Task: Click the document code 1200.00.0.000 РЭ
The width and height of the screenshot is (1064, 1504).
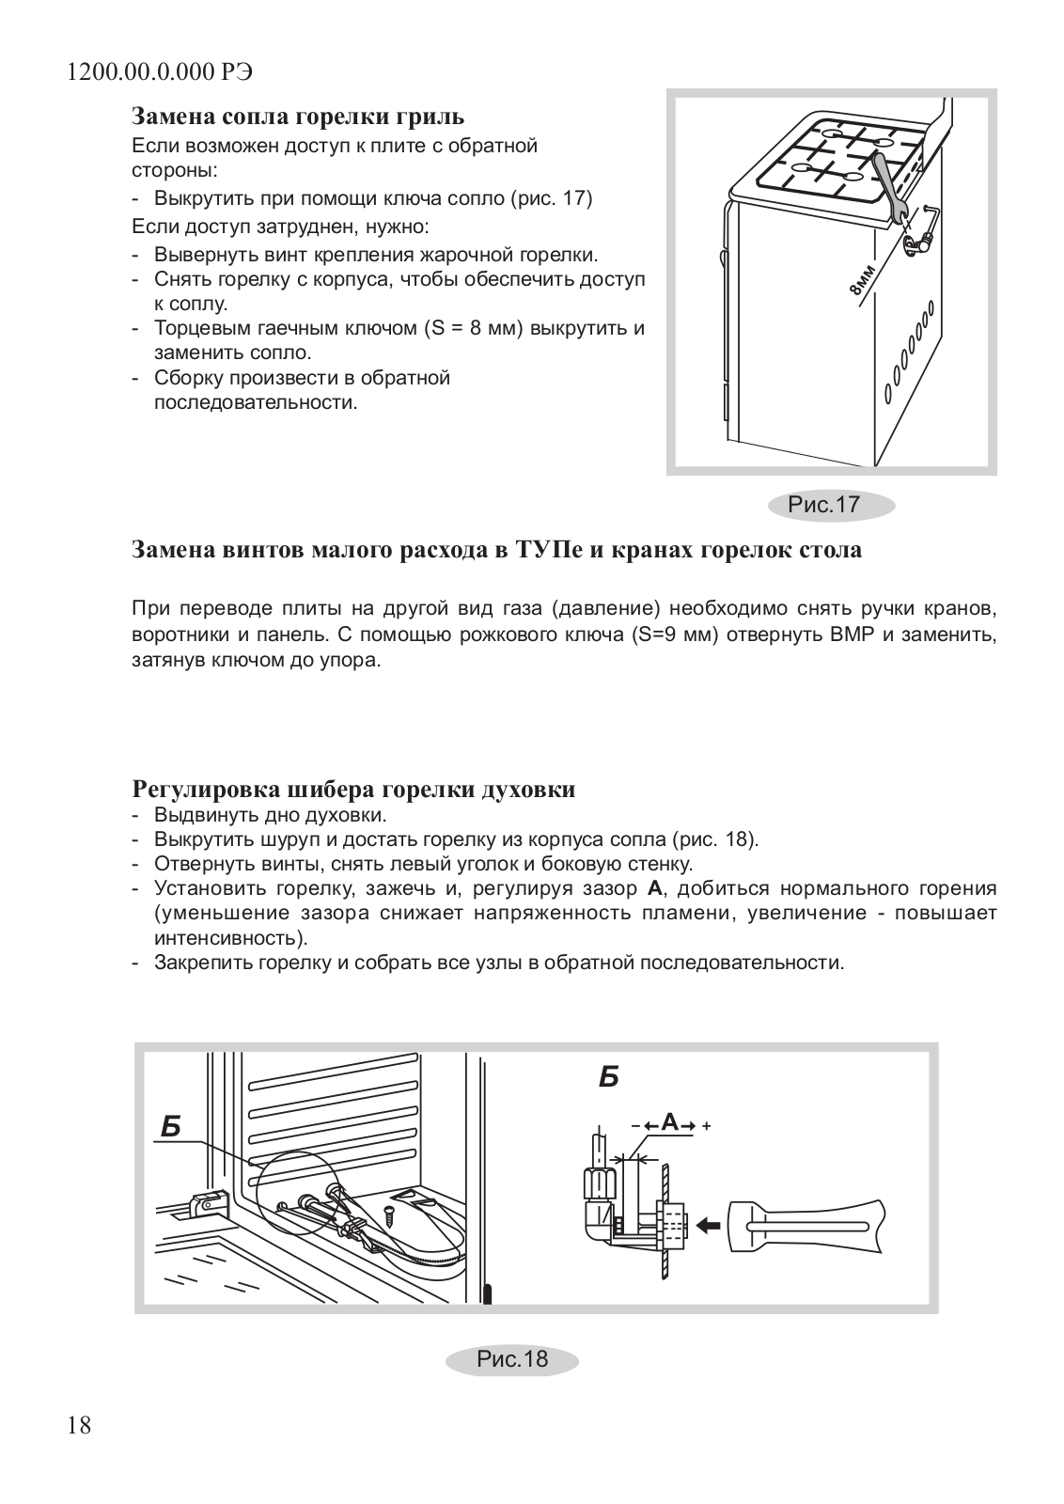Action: [x=161, y=73]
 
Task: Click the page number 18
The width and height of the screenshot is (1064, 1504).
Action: [x=80, y=1426]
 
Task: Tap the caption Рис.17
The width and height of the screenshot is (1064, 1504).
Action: [x=823, y=505]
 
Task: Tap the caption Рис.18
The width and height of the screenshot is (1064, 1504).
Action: [x=511, y=1359]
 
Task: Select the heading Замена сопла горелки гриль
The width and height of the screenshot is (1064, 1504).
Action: [x=298, y=117]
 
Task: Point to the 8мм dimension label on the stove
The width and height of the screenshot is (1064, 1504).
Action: [x=863, y=281]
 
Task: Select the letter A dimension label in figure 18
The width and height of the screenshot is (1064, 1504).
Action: [x=669, y=1121]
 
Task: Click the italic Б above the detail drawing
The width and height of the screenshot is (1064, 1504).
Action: [x=608, y=1077]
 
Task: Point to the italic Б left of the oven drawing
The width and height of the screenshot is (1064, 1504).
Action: [x=170, y=1127]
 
